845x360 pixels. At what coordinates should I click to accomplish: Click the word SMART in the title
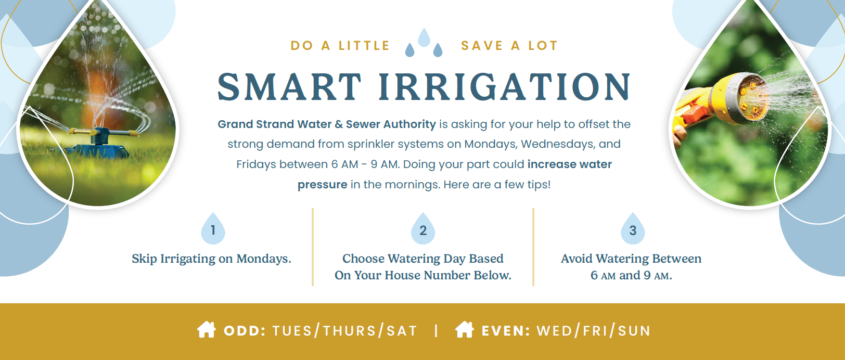(289, 87)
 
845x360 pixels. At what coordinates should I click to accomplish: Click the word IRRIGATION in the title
(504, 87)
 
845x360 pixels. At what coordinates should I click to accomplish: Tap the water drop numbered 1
(213, 229)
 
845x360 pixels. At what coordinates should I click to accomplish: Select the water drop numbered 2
(423, 229)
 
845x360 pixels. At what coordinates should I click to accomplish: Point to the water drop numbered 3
(633, 229)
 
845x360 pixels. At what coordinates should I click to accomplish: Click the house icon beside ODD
(207, 330)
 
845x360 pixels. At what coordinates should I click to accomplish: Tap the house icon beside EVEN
(464, 330)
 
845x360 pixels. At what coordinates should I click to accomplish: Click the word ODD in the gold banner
(245, 331)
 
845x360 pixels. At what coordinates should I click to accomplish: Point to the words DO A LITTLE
(340, 46)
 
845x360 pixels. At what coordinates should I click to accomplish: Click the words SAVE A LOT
(509, 46)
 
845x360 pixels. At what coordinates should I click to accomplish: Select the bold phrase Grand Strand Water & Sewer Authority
(326, 124)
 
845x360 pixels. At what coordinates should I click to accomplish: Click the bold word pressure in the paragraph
(322, 185)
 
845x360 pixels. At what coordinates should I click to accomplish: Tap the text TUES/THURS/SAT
(345, 331)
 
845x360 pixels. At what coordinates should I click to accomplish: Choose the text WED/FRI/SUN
(594, 331)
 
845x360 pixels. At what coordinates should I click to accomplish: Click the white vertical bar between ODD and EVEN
(436, 330)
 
